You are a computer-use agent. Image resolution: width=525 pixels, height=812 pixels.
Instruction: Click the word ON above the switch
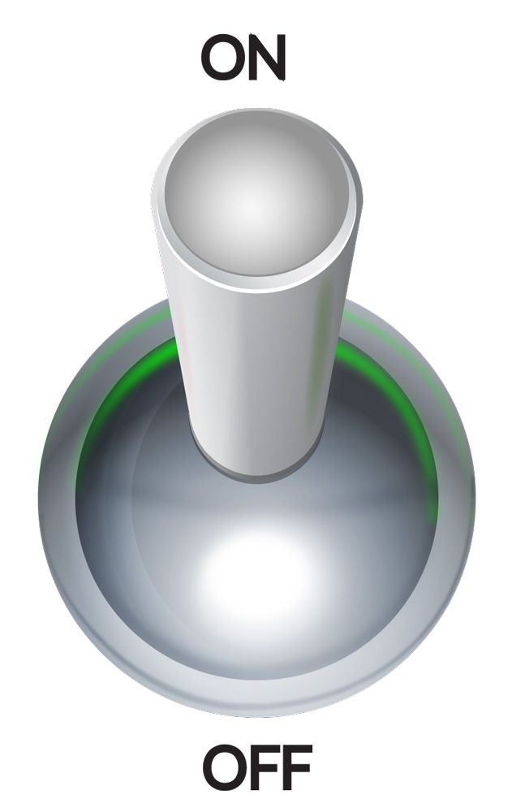coord(243,58)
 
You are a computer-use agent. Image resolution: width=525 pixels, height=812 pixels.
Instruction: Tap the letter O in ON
coord(222,58)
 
